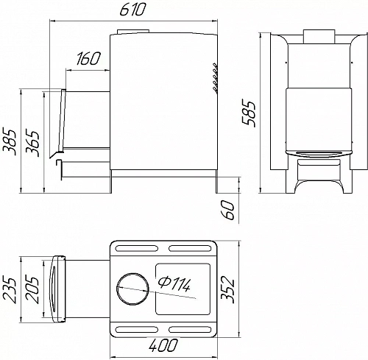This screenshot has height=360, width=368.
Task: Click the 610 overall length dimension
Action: click(x=132, y=10)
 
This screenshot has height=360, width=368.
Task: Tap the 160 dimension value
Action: click(x=88, y=59)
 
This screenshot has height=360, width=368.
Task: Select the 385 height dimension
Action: click(x=9, y=141)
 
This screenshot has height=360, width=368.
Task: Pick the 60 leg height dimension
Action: click(x=228, y=210)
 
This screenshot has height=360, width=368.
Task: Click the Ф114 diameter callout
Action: click(x=174, y=284)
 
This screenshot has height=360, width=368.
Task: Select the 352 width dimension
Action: click(x=227, y=289)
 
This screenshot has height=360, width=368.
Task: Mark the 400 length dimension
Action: click(x=163, y=345)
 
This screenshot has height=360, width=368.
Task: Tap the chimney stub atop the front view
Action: click(x=319, y=37)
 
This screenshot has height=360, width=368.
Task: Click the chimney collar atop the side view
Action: click(x=133, y=32)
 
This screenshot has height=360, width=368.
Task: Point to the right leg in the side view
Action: click(x=216, y=181)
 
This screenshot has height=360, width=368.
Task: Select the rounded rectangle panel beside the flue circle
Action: click(x=183, y=289)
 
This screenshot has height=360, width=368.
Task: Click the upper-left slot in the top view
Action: click(x=137, y=248)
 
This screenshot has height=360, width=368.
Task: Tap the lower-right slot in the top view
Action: click(x=190, y=329)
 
